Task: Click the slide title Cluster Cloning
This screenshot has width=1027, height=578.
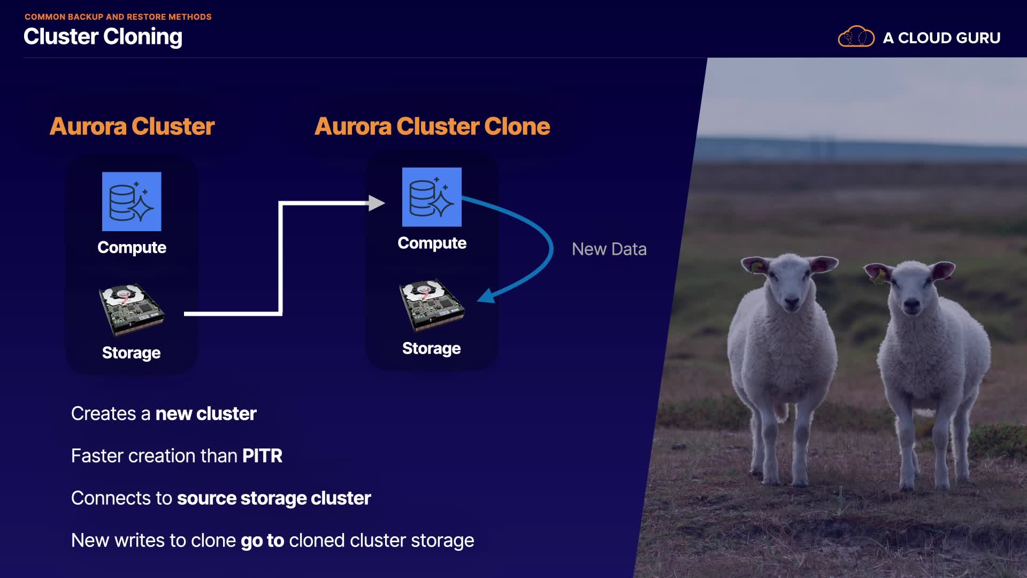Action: [103, 37]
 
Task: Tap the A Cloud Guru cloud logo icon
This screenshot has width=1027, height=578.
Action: [856, 36]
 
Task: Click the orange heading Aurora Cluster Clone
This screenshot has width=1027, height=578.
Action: [432, 126]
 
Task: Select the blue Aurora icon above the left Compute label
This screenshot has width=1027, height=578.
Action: [132, 201]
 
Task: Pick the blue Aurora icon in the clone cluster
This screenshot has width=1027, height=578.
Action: [432, 197]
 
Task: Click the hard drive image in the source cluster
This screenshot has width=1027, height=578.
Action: [132, 309]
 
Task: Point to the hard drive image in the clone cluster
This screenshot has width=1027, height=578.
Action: [432, 305]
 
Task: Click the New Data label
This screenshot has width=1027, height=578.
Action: [609, 249]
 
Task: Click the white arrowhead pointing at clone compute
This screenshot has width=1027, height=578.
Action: [377, 203]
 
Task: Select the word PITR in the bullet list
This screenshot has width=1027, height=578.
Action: [262, 456]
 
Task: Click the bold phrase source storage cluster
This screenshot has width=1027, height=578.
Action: [274, 498]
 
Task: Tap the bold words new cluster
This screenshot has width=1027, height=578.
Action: [206, 414]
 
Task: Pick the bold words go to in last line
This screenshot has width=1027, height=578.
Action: [262, 541]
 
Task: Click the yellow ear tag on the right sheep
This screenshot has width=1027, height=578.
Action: [878, 277]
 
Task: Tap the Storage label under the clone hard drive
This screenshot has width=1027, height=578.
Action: [432, 348]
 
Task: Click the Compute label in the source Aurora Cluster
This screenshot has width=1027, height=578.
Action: [132, 247]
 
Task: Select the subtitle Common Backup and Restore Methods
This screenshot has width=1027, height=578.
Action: [118, 17]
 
